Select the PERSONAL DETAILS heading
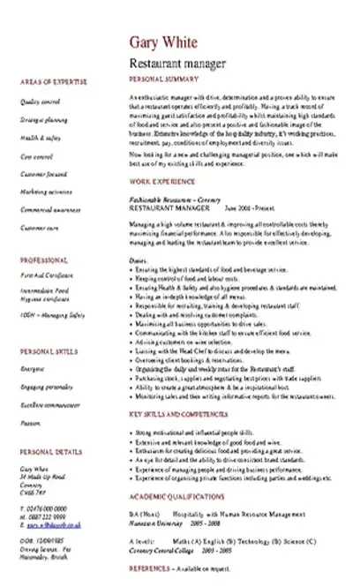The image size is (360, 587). pos(50,453)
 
